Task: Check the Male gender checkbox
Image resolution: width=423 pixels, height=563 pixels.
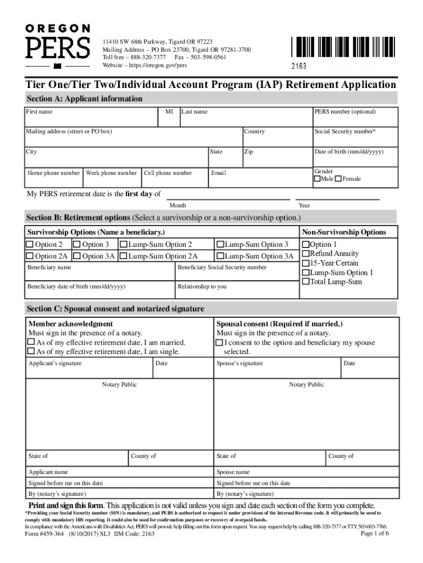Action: click(x=317, y=179)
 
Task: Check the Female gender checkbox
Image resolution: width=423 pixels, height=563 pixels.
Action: click(x=338, y=179)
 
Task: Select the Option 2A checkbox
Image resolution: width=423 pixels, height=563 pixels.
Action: click(x=30, y=256)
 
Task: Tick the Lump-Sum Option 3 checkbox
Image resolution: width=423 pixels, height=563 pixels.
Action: click(x=220, y=245)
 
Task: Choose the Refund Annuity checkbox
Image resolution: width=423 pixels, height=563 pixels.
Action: click(x=306, y=254)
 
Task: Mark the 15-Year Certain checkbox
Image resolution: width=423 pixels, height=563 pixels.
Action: click(x=306, y=263)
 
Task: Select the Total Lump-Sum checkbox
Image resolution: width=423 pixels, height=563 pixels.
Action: click(x=306, y=282)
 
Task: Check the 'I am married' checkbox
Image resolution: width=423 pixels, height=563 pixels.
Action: click(x=31, y=343)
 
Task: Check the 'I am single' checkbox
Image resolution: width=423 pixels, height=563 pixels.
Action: click(x=31, y=351)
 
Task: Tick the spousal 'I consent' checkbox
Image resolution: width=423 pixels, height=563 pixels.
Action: click(x=220, y=343)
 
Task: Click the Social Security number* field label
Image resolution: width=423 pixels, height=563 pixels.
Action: click(x=345, y=132)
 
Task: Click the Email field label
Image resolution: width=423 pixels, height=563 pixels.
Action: click(x=218, y=173)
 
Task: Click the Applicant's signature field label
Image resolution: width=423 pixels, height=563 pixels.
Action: click(x=55, y=363)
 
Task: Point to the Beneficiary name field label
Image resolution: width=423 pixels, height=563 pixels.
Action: click(x=49, y=268)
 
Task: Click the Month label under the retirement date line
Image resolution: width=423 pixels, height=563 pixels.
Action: click(x=177, y=206)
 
